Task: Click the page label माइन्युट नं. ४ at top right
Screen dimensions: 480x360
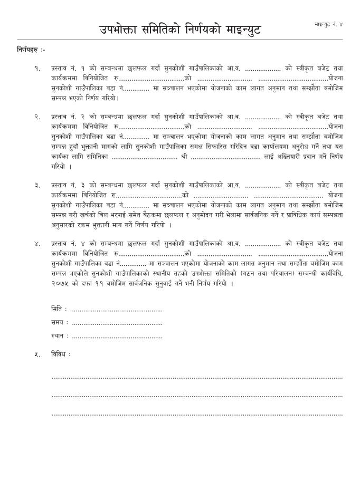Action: [328, 25]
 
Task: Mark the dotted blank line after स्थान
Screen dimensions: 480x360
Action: [117, 336]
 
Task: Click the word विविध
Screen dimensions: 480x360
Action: [60, 354]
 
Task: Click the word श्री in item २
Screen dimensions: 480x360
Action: [184, 156]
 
